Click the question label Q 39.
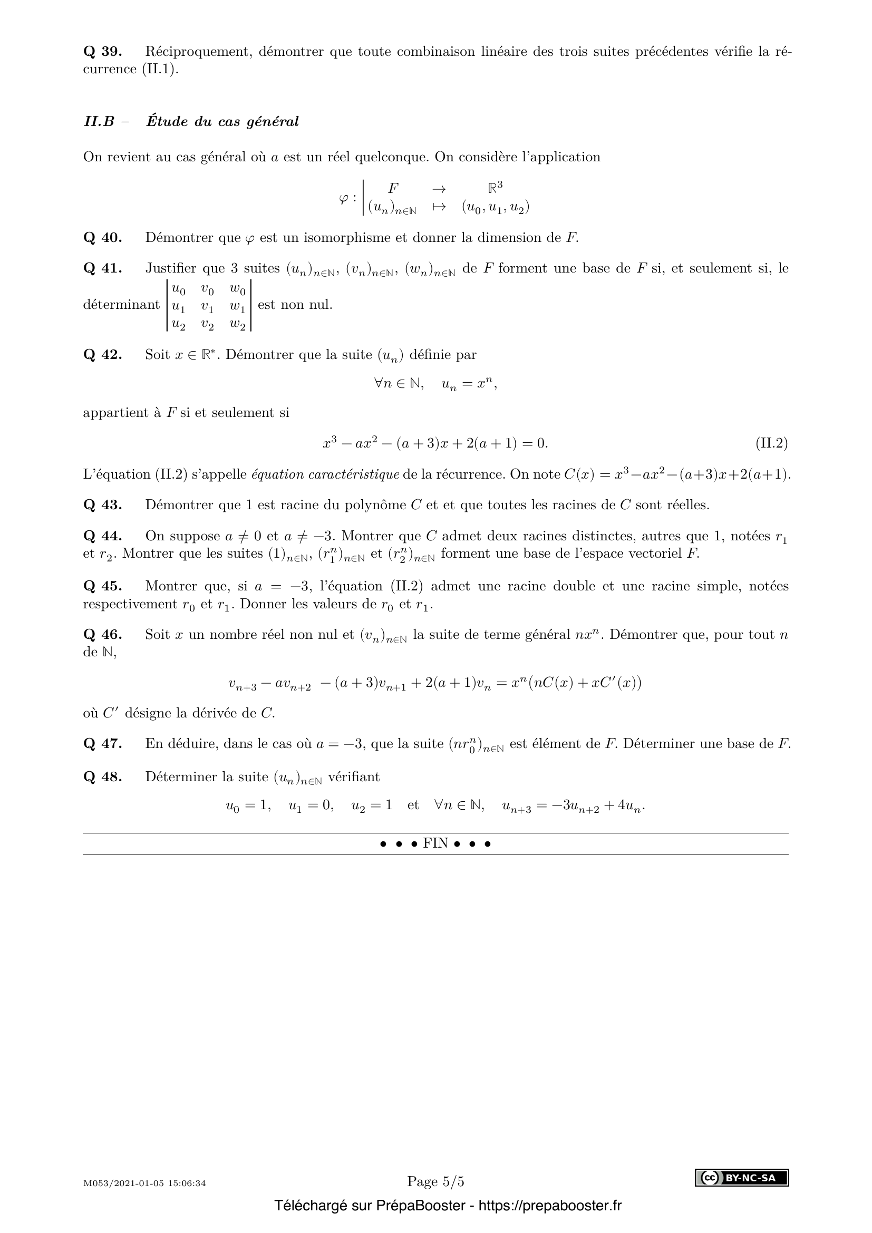coord(103,52)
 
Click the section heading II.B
coord(99,122)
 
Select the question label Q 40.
coord(103,238)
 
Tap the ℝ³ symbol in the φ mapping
coord(495,188)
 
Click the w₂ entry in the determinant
coord(237,324)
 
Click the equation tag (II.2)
coord(772,443)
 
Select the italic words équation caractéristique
coord(325,475)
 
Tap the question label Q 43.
coord(103,506)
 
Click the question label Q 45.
coord(103,586)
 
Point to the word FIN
coord(435,843)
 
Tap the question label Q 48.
coord(103,777)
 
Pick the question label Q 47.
coord(103,744)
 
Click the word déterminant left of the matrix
coord(121,305)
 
